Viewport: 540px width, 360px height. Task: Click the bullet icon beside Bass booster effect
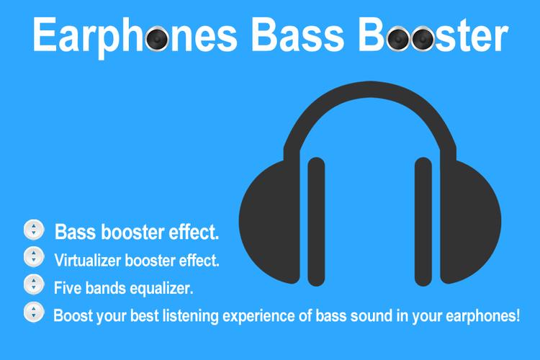click(x=33, y=230)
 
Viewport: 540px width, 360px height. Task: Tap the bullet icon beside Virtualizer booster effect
click(x=33, y=257)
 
